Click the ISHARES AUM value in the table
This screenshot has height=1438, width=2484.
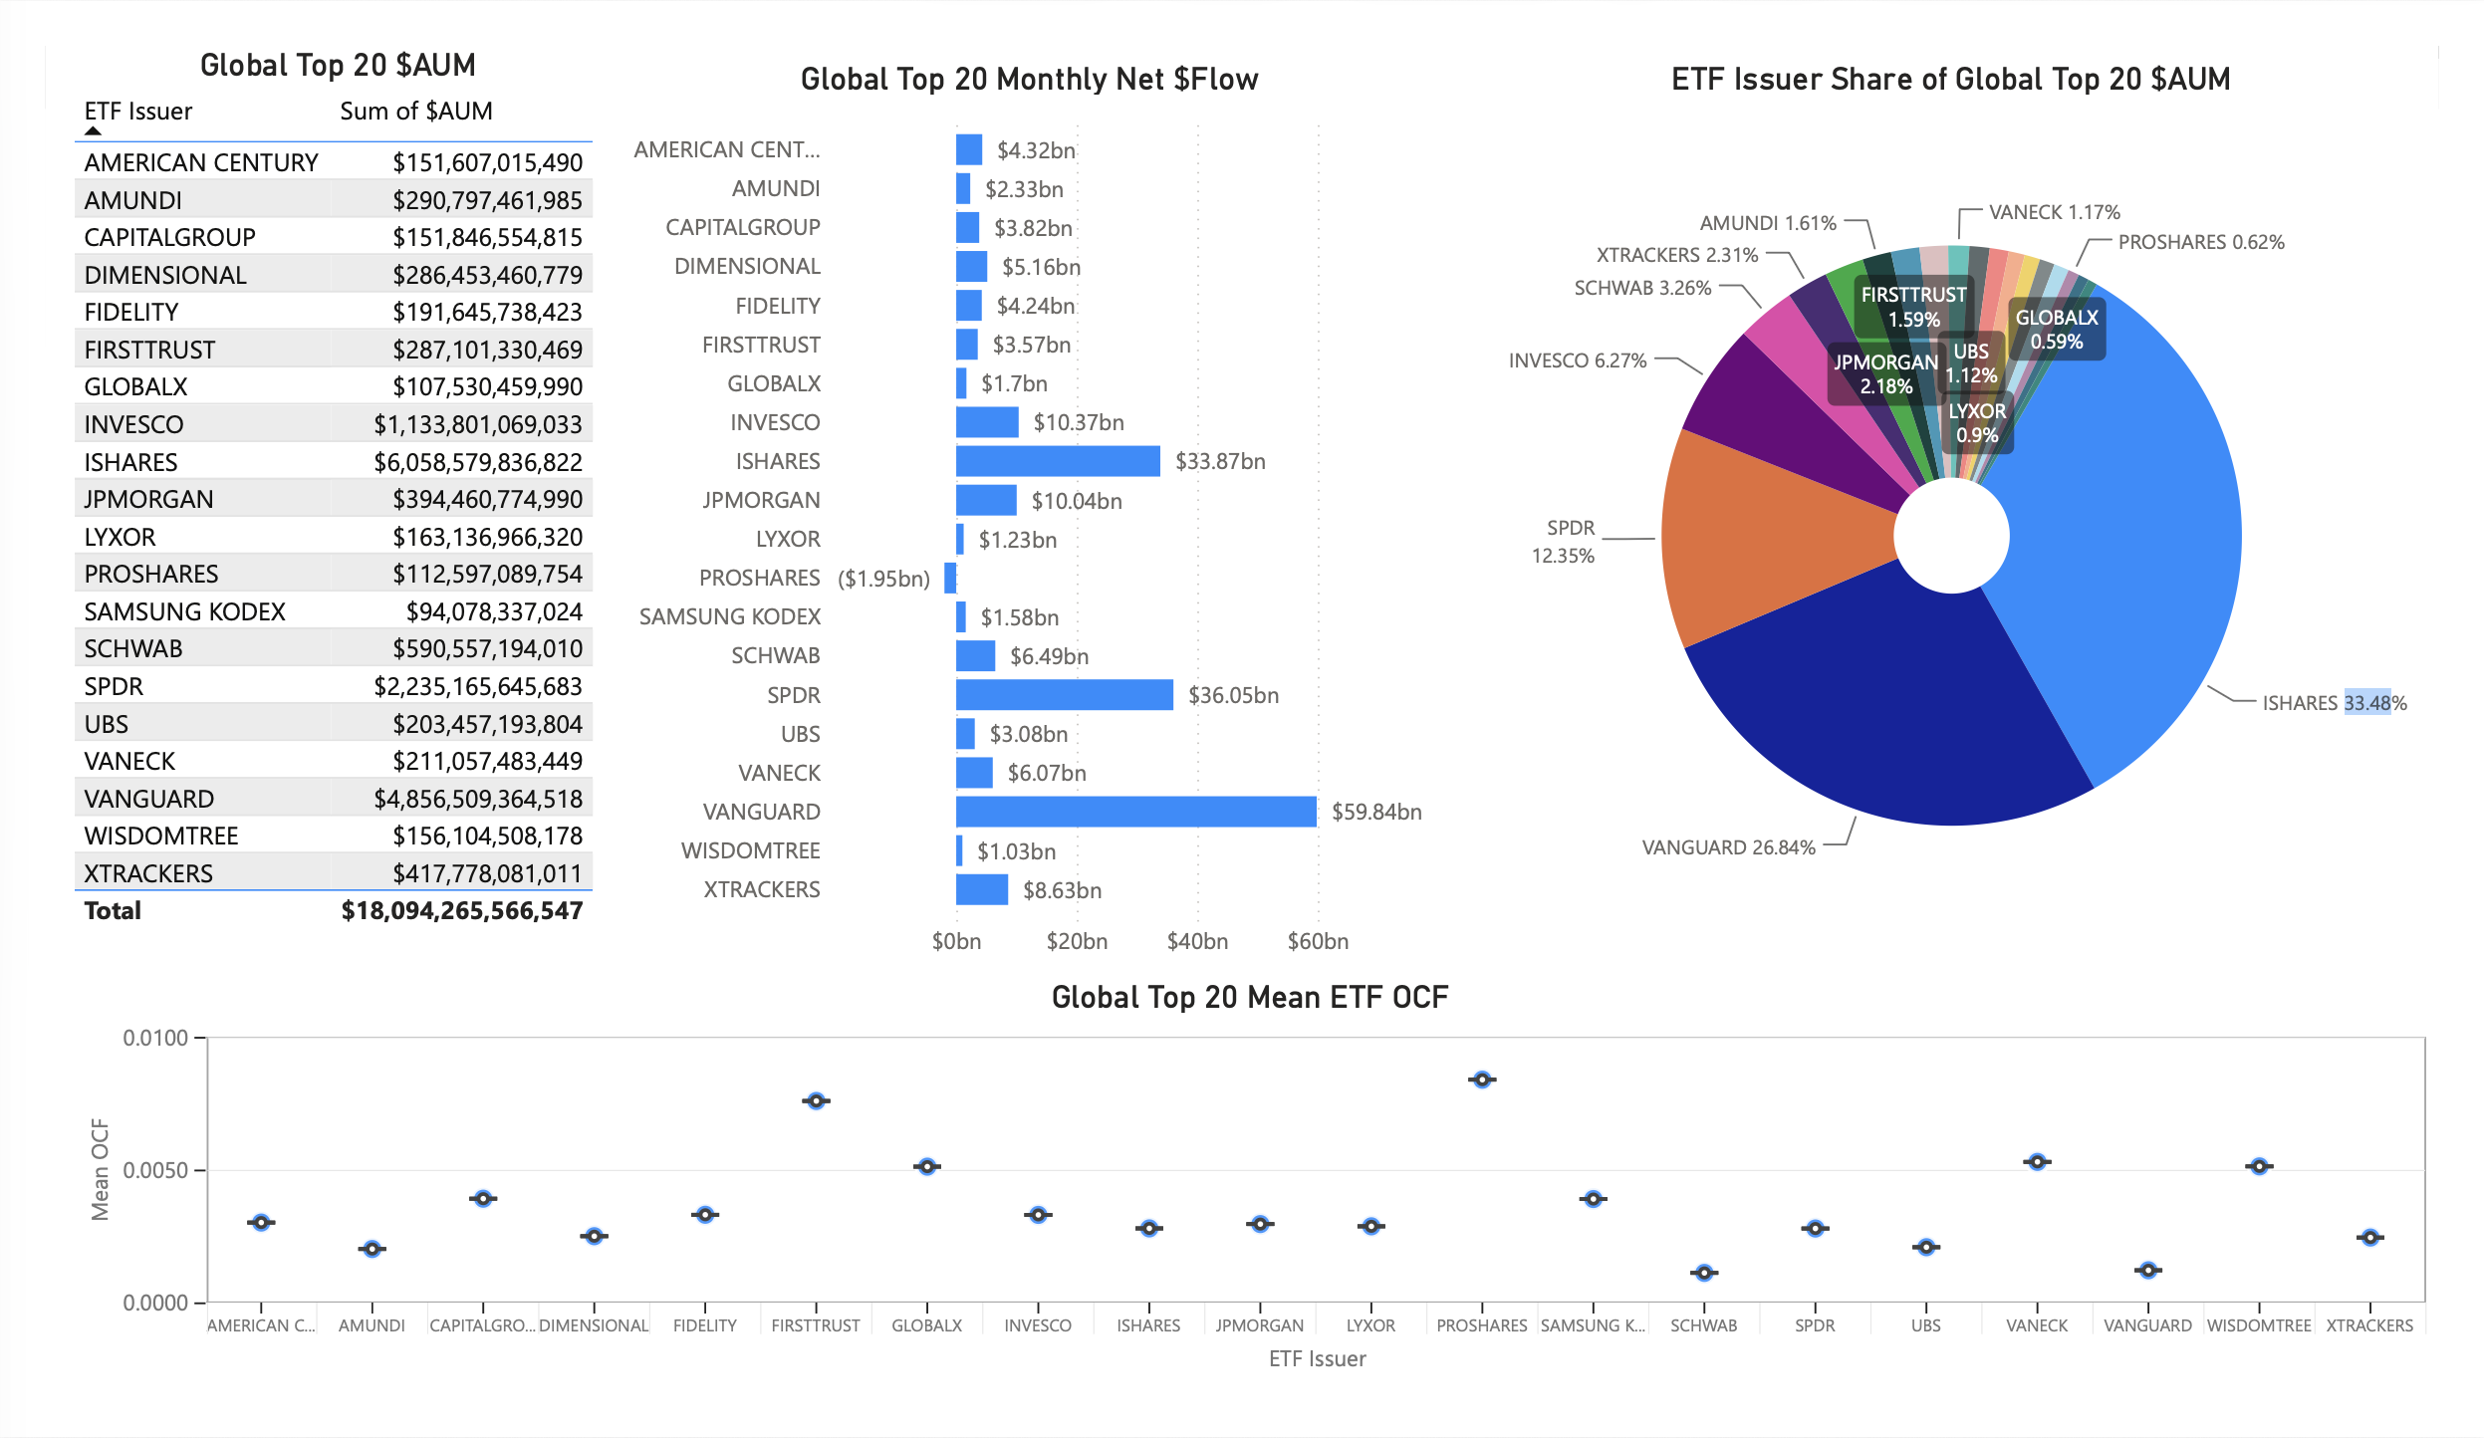click(x=477, y=462)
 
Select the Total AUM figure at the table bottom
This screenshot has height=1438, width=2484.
click(x=461, y=910)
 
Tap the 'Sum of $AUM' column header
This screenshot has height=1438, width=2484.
click(x=416, y=111)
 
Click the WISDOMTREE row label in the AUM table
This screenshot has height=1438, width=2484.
click(x=161, y=836)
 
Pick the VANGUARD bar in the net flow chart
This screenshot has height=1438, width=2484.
click(x=1135, y=812)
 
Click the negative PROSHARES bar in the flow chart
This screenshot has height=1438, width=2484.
click(x=950, y=578)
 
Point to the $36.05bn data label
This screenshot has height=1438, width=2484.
click(x=1233, y=695)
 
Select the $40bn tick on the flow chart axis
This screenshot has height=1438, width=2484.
click(x=1197, y=941)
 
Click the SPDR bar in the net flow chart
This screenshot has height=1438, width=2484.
click(x=1064, y=695)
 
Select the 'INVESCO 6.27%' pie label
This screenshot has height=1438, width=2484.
click(x=1578, y=360)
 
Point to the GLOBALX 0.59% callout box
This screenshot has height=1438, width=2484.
click(x=2056, y=329)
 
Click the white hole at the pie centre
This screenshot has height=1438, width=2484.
click(x=1951, y=535)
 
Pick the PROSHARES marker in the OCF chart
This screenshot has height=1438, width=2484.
click(x=1482, y=1079)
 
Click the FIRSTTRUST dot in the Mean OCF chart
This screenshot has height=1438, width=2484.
click(x=816, y=1100)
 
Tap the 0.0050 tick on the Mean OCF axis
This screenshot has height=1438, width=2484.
click(x=155, y=1170)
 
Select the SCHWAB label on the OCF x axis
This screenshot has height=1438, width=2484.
click(x=1703, y=1325)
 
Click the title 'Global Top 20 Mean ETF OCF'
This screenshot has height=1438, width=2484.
click(x=1250, y=997)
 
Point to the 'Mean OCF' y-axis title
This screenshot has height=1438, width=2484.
click(x=100, y=1169)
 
